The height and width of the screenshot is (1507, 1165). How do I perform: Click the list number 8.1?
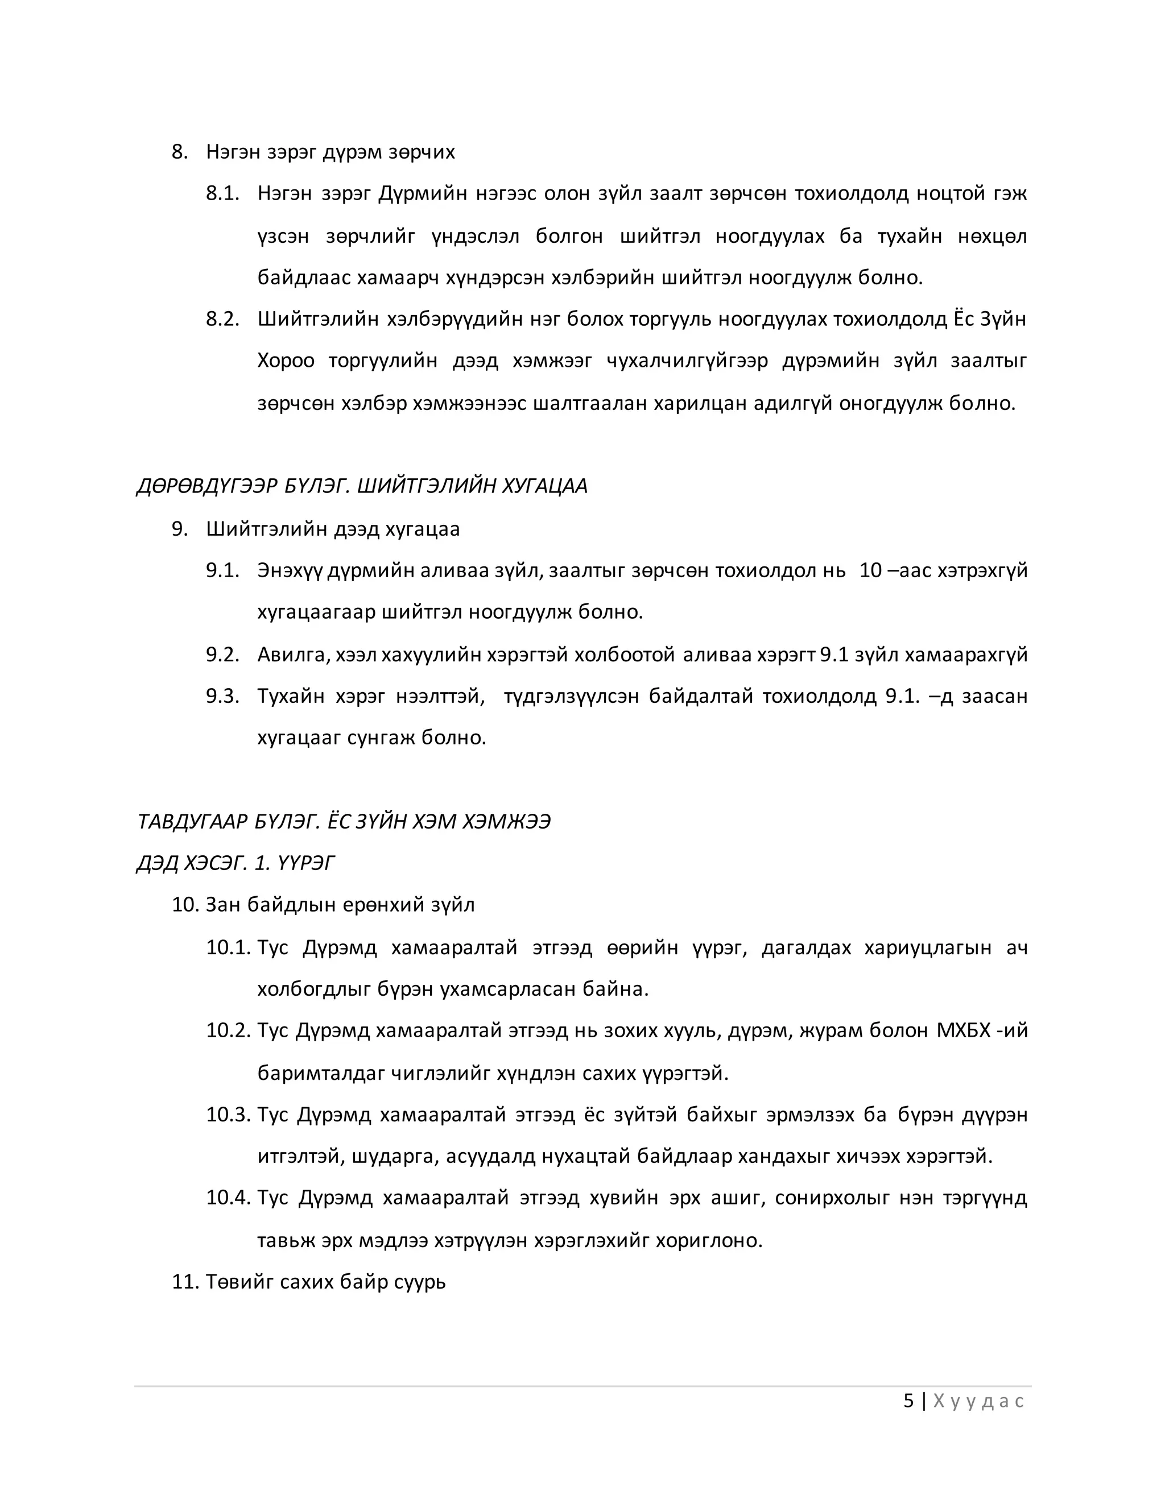(222, 193)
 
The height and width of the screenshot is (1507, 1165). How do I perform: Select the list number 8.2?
(222, 319)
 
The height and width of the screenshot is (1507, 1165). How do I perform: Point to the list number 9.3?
(222, 695)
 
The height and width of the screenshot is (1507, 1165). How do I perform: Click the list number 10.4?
(228, 1197)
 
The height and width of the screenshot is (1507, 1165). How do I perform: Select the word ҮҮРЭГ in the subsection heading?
(304, 863)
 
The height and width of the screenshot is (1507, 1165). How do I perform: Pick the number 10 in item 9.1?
(870, 570)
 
